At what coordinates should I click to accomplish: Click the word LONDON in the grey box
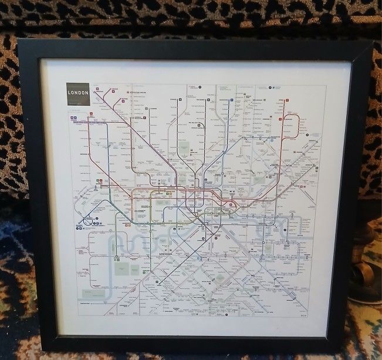point(78,93)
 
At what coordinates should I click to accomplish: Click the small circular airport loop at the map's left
point(88,221)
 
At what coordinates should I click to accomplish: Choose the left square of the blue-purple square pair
point(71,118)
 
